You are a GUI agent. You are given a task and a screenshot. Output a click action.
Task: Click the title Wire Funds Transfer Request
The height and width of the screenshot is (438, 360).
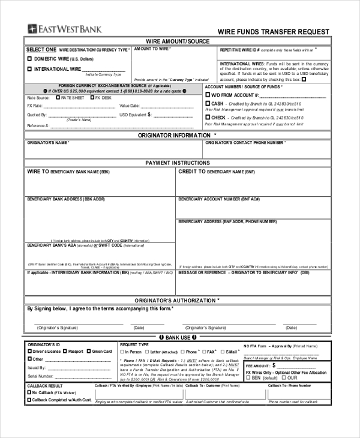pos(273,32)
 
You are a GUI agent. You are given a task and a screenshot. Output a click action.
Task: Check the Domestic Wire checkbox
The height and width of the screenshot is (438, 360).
pos(30,59)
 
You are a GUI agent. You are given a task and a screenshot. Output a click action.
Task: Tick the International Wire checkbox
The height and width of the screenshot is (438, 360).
pos(30,70)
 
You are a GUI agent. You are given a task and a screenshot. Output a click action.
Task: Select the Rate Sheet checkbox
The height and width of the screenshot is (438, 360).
pos(58,97)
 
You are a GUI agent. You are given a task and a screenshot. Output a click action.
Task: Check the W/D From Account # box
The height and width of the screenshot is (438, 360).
pos(208,95)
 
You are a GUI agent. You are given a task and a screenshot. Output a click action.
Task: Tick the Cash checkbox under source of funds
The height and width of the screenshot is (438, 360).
pos(208,104)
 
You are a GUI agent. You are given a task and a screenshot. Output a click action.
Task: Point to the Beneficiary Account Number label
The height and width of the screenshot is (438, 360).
pos(219,199)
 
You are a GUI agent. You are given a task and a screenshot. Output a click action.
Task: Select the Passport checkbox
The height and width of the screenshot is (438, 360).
pos(64,352)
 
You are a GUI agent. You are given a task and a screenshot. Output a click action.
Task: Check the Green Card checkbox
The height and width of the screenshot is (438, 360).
pos(89,352)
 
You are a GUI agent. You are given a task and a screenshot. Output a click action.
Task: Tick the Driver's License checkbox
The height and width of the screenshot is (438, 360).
pos(30,352)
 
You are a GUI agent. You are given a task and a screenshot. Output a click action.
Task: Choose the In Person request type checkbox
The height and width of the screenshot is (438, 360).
pos(122,352)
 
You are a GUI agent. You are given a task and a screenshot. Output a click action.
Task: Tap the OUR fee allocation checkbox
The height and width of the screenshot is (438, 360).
pos(284,379)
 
